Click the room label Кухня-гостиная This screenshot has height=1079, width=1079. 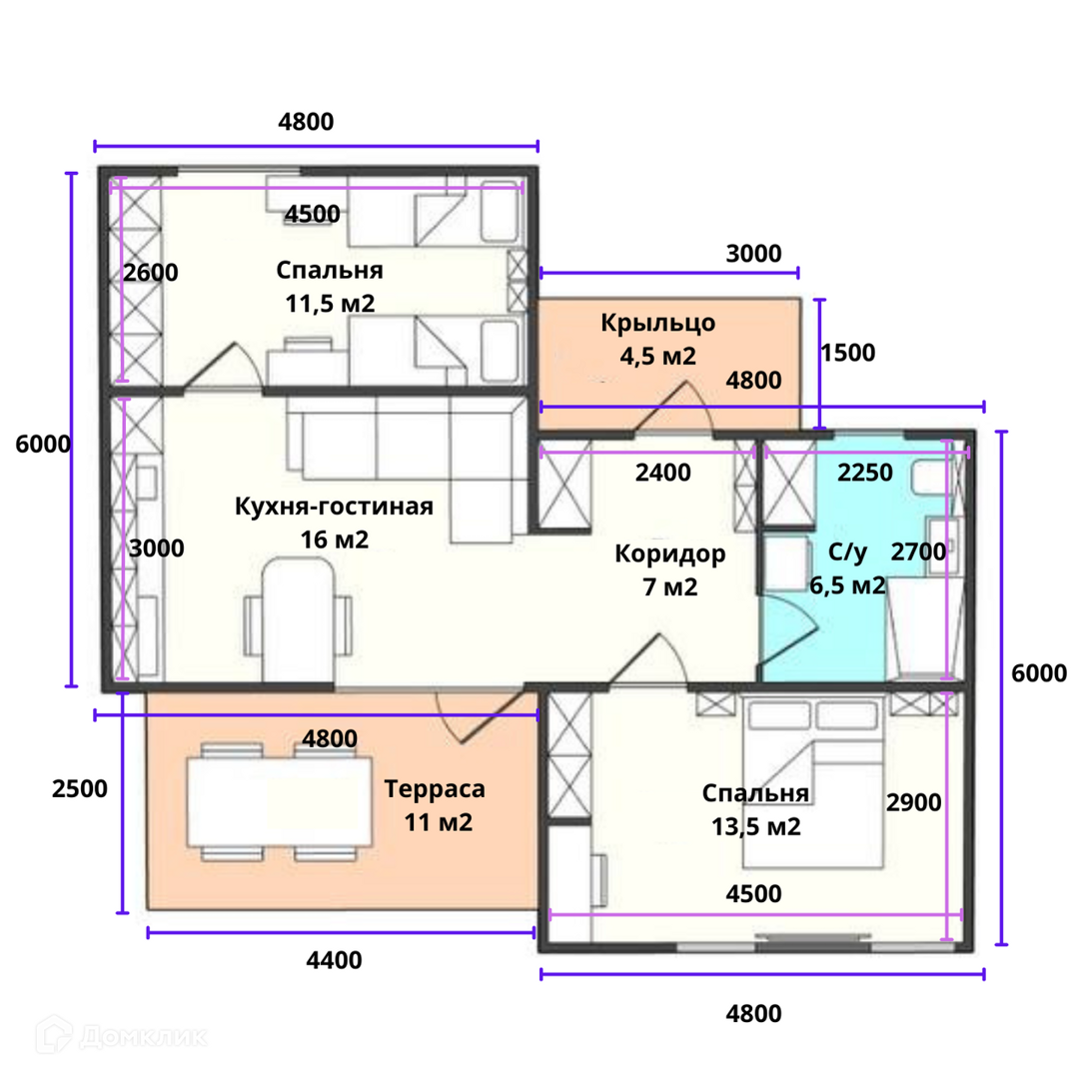pyautogui.click(x=334, y=507)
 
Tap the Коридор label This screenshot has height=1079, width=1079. pyautogui.click(x=669, y=553)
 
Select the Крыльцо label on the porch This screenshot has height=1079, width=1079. pyautogui.click(x=657, y=324)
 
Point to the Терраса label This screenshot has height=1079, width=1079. pyautogui.click(x=435, y=788)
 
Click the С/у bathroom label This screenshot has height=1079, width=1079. pyautogui.click(x=847, y=552)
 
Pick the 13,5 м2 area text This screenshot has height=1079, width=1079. pyautogui.click(x=755, y=826)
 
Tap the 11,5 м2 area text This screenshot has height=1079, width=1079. pyautogui.click(x=330, y=304)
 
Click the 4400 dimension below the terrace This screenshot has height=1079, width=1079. pyautogui.click(x=334, y=960)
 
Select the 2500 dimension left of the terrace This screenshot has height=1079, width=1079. pyautogui.click(x=79, y=788)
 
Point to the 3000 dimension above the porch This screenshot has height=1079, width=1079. pyautogui.click(x=753, y=253)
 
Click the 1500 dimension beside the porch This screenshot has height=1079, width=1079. pyautogui.click(x=848, y=353)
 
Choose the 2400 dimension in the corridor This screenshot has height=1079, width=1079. pyautogui.click(x=662, y=473)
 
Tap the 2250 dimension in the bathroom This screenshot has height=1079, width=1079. pyautogui.click(x=865, y=473)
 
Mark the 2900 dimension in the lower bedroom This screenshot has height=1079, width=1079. pyautogui.click(x=913, y=802)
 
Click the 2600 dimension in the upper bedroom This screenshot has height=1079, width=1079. pyautogui.click(x=151, y=273)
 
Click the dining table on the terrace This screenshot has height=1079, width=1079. pyautogui.click(x=279, y=801)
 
